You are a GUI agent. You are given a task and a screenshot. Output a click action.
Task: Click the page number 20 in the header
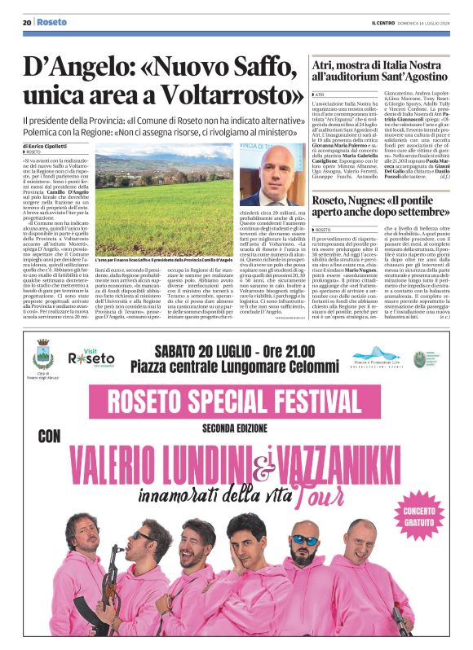click(27, 22)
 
